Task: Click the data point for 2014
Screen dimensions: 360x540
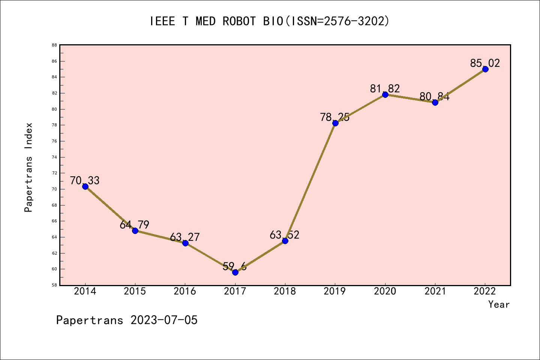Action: [85, 186]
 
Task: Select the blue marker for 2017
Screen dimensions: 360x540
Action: [235, 272]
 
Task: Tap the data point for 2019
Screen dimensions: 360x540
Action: [335, 123]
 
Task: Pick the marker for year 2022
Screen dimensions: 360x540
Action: [485, 69]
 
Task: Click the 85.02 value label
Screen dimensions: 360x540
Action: [485, 63]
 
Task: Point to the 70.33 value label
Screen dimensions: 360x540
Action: [85, 181]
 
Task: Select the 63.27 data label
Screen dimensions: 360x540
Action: [185, 237]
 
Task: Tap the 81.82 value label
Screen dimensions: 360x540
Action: [385, 88]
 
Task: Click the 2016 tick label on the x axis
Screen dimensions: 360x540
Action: [185, 291]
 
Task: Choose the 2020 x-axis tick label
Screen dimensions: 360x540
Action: [385, 291]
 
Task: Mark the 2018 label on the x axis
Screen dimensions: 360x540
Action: [285, 291]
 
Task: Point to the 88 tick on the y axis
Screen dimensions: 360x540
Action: [54, 45]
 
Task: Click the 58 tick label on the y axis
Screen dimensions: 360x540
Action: [54, 285]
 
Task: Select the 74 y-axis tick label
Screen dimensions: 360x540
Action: [54, 157]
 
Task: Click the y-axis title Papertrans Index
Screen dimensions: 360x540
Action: [29, 167]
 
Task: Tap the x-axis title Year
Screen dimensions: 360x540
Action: [499, 304]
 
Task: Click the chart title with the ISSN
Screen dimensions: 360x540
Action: [270, 21]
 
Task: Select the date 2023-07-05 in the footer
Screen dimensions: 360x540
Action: [164, 320]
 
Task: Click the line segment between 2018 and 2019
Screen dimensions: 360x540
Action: [310, 182]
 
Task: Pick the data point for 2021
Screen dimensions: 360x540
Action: [435, 102]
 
